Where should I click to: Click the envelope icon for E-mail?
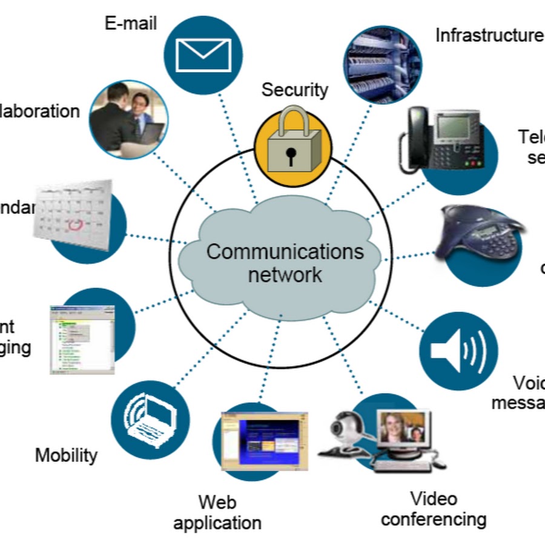point(203,54)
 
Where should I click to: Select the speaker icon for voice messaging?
point(458,351)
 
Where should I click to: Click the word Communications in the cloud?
point(285,252)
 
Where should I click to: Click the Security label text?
point(294,90)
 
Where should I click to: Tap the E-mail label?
point(131,23)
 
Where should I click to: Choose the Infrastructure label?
point(489,35)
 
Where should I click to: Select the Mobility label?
point(66,455)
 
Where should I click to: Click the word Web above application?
point(217,502)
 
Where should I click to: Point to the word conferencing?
point(434,519)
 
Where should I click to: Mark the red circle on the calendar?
point(73,225)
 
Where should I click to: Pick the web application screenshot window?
point(264,441)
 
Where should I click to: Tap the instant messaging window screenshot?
point(82,339)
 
